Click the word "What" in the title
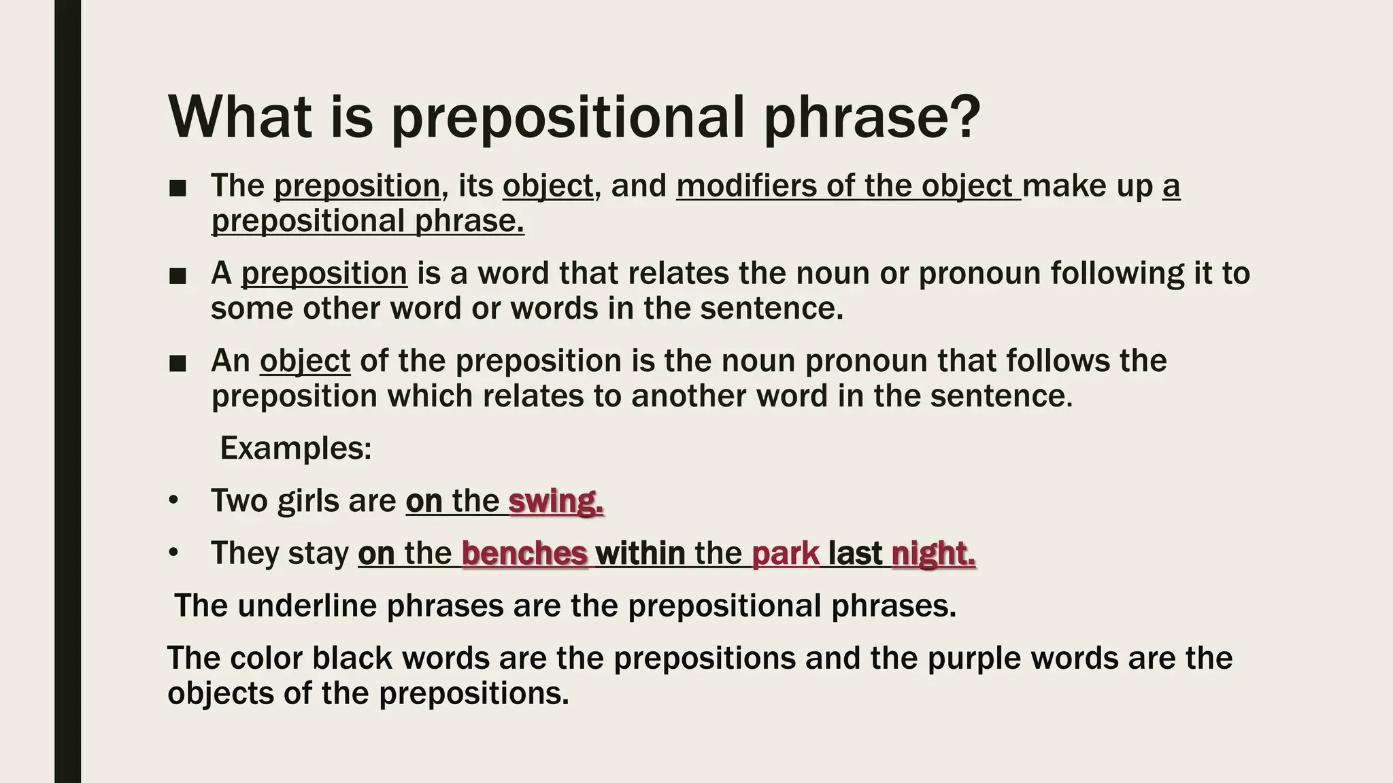[x=240, y=117]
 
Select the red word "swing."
[x=556, y=502]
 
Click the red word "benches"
[x=524, y=554]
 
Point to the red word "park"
[x=786, y=554]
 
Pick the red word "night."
[x=933, y=554]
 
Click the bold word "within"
[x=640, y=554]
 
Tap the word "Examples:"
[x=296, y=449]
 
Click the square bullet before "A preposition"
[x=178, y=276]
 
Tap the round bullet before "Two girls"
[x=173, y=502]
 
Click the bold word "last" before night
[x=855, y=554]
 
